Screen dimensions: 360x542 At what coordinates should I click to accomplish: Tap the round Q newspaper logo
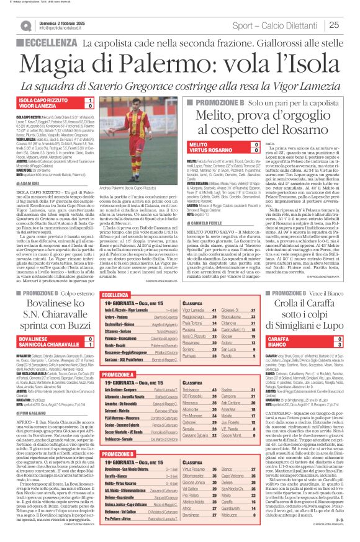(26, 25)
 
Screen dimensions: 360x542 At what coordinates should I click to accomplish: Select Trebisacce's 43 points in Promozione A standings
(223, 389)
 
